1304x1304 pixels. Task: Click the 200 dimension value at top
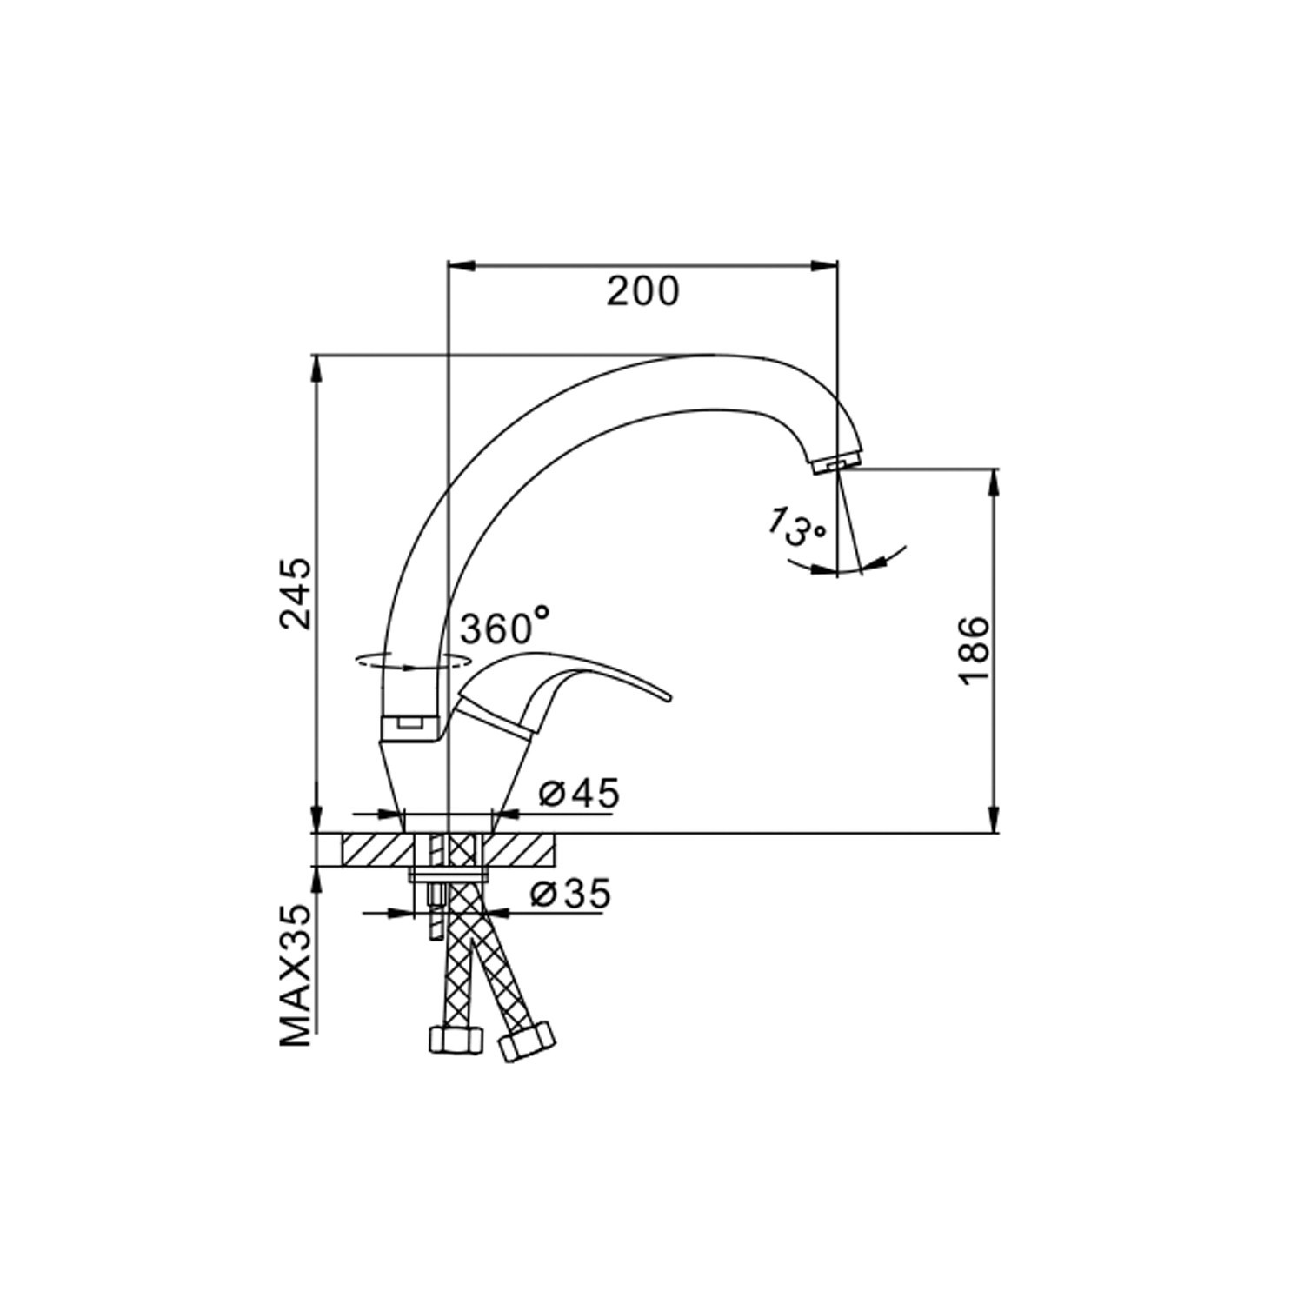(642, 291)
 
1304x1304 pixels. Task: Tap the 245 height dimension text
(296, 594)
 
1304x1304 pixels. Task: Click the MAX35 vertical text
(296, 976)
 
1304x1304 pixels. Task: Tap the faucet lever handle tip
(668, 695)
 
